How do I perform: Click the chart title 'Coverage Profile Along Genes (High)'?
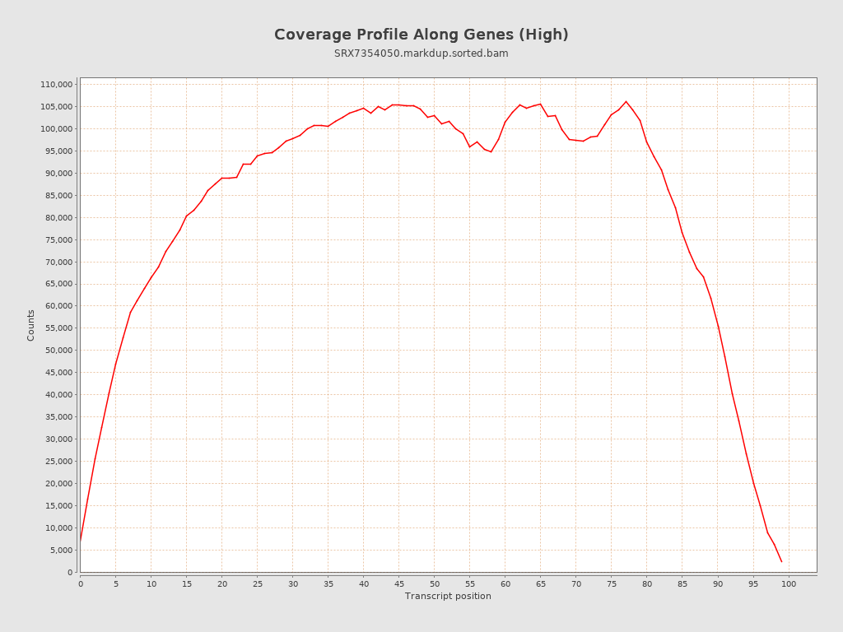pyautogui.click(x=421, y=35)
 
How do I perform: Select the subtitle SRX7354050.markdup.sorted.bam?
pyautogui.click(x=421, y=53)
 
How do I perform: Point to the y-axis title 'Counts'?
pyautogui.click(x=31, y=325)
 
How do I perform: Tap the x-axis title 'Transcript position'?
pyautogui.click(x=448, y=596)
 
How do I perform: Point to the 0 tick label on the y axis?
pyautogui.click(x=71, y=573)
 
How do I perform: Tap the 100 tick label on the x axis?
pyautogui.click(x=789, y=584)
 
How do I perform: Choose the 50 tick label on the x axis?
pyautogui.click(x=434, y=584)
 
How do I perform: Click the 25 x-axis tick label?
pyautogui.click(x=257, y=584)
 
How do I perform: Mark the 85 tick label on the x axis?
pyautogui.click(x=682, y=584)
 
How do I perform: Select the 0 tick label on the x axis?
pyautogui.click(x=80, y=584)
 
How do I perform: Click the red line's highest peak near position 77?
pyautogui.click(x=626, y=101)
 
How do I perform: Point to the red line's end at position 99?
pyautogui.click(x=781, y=562)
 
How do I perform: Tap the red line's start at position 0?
pyautogui.click(x=80, y=541)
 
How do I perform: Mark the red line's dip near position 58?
pyautogui.click(x=491, y=152)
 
